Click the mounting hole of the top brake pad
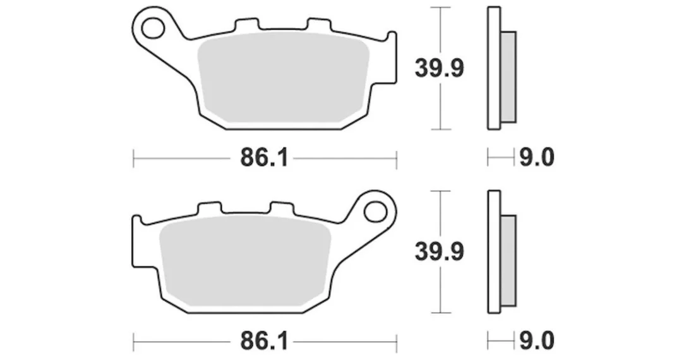click(x=152, y=28)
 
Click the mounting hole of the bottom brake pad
click(x=375, y=212)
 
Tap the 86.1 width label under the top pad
click(x=264, y=157)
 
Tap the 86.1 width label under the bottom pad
click(x=264, y=341)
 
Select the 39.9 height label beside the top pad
click(x=439, y=68)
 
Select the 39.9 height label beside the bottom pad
click(x=439, y=252)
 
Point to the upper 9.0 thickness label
click(x=536, y=157)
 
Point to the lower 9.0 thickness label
click(x=536, y=341)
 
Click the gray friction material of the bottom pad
click(x=245, y=260)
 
